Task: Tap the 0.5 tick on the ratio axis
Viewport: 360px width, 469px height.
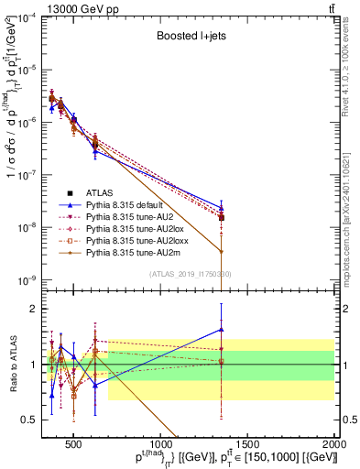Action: [33, 420]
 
